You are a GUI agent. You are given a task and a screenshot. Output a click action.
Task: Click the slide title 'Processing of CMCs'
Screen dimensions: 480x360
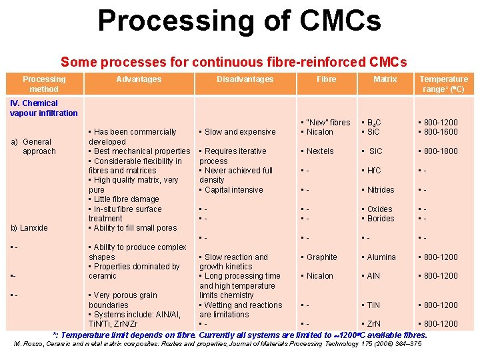point(239,21)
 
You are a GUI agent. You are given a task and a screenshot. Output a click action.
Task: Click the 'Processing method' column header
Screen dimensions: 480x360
point(44,84)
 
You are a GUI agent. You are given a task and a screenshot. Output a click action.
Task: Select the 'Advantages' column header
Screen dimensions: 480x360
point(139,79)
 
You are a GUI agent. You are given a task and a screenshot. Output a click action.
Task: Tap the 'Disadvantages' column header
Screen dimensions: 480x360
point(245,79)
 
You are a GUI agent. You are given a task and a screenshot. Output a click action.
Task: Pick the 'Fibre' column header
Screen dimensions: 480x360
point(327,79)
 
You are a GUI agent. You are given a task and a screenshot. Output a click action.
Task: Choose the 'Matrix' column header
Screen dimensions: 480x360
point(385,79)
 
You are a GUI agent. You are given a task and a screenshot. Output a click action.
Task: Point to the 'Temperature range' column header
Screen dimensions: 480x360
point(443,84)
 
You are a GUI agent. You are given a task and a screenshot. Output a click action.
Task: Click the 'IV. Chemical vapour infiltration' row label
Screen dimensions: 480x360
point(44,108)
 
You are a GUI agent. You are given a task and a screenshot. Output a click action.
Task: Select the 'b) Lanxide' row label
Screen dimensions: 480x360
point(29,228)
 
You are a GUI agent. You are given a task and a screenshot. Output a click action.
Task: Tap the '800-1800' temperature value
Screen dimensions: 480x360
point(440,151)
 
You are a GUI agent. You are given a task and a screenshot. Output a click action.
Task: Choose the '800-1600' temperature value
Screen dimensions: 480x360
point(440,132)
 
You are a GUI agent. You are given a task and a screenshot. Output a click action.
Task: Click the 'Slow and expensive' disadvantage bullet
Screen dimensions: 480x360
point(240,132)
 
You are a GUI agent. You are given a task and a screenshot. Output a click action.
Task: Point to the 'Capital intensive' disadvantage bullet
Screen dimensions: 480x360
point(234,190)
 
